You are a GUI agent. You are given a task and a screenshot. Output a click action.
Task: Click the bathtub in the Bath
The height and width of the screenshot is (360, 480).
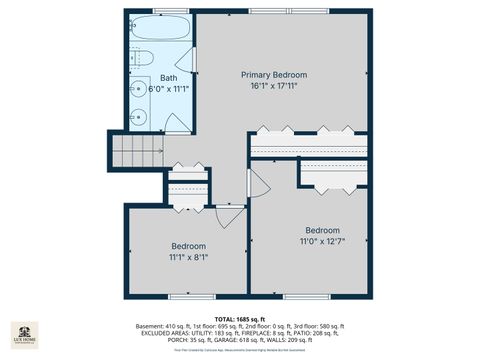(159, 28)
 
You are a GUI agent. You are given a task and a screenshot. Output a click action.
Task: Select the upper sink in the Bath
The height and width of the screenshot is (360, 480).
(140, 87)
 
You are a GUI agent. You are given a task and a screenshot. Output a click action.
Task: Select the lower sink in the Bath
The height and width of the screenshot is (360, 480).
(140, 116)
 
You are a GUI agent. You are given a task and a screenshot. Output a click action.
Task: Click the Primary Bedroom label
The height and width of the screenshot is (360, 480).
(274, 75)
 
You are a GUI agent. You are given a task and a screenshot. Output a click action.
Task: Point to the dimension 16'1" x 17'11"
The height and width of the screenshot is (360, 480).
(274, 86)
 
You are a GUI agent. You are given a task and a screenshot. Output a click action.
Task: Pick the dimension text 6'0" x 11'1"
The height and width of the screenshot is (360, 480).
(169, 88)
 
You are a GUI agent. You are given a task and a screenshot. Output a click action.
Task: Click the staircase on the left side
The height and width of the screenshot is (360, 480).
(136, 153)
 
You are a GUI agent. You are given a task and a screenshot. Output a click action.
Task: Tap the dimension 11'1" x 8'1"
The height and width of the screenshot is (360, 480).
(188, 257)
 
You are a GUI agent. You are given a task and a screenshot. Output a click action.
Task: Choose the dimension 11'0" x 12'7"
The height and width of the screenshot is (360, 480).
(322, 241)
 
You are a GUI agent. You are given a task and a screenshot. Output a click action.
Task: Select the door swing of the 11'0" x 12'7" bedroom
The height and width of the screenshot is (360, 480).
(258, 184)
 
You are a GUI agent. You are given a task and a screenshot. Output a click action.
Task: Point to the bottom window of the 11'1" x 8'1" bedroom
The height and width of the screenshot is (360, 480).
(188, 297)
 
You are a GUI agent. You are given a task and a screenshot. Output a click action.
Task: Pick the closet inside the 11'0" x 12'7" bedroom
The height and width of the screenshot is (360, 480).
(334, 176)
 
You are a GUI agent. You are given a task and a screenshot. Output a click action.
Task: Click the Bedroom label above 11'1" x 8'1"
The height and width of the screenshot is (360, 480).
(188, 246)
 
